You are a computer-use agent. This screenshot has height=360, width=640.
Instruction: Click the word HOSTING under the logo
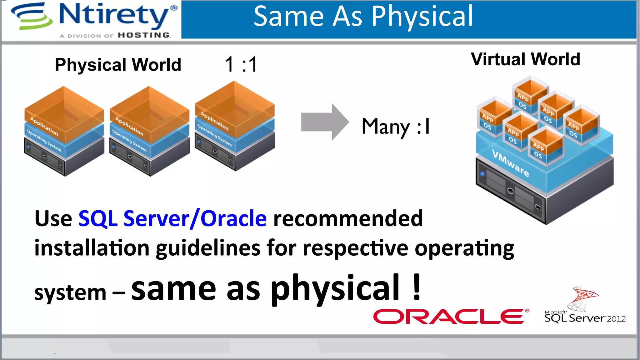click(x=144, y=35)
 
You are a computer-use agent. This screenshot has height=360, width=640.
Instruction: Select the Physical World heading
click(x=118, y=65)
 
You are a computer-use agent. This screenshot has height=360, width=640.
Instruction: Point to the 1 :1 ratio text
click(x=241, y=64)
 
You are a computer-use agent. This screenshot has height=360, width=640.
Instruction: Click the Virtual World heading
click(x=525, y=59)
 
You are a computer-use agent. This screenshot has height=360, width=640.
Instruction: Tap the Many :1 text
click(x=396, y=127)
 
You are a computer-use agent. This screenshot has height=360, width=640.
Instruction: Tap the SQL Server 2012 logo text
click(x=584, y=318)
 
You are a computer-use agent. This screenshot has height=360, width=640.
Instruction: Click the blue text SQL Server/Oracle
click(x=172, y=218)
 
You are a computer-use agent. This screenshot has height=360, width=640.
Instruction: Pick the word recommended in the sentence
click(x=348, y=218)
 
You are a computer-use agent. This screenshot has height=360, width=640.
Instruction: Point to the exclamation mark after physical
click(x=417, y=287)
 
